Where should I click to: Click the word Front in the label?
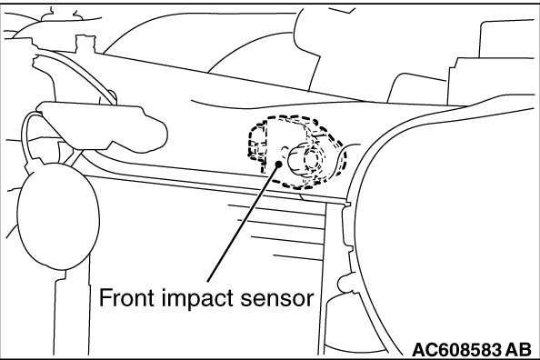coord(126,298)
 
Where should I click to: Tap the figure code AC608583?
coord(456,350)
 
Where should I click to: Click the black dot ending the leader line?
coord(278,164)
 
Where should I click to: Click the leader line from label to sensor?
coord(243,222)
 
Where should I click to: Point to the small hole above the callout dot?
coord(285,150)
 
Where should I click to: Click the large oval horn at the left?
coord(57,216)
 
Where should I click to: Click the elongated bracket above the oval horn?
coord(103,125)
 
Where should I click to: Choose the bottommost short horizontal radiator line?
coord(298,257)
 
